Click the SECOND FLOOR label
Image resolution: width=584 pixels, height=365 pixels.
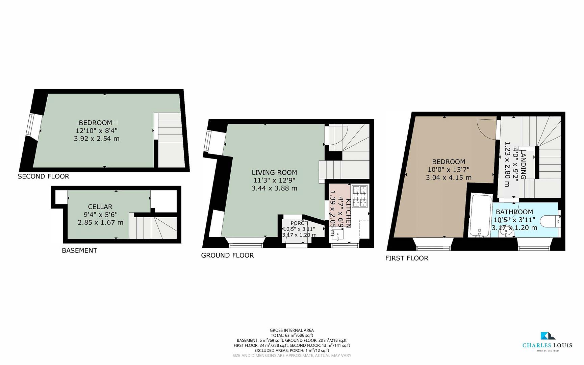click(43, 176)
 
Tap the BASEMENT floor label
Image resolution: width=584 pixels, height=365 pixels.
click(79, 250)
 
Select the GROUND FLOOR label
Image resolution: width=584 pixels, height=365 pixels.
click(227, 255)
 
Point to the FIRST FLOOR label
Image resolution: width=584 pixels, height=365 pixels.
click(407, 258)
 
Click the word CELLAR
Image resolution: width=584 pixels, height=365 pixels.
click(100, 206)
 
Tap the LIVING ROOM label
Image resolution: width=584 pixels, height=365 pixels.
click(274, 172)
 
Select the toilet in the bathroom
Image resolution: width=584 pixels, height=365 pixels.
click(550, 222)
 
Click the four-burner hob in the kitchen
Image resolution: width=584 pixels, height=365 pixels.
click(359, 196)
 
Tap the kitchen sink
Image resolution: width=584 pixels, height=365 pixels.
click(337, 233)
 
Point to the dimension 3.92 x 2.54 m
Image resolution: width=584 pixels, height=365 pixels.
click(97, 139)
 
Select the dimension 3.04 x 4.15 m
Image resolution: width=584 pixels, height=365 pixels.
click(449, 177)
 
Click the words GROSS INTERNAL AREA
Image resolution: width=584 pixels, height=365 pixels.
click(291, 330)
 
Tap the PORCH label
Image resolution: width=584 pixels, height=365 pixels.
click(299, 223)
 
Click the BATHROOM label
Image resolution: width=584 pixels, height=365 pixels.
click(514, 212)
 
